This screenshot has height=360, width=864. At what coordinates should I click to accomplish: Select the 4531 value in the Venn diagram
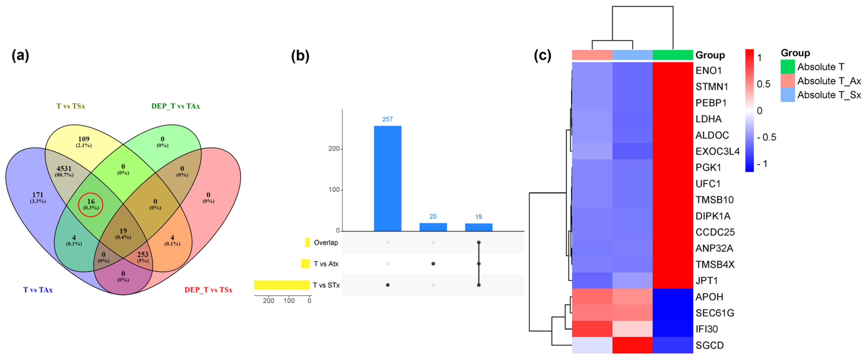(64, 169)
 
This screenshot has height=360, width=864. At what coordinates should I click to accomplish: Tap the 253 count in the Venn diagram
(143, 255)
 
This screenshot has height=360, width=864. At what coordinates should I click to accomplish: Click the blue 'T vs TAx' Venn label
(38, 290)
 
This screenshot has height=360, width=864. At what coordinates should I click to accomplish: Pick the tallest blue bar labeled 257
(387, 178)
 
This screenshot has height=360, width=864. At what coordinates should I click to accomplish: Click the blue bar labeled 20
(433, 227)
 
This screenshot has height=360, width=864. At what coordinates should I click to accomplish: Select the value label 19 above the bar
(479, 217)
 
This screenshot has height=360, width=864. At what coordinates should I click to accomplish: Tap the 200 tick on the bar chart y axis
(334, 149)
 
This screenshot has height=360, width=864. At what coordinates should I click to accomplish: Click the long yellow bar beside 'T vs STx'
(282, 285)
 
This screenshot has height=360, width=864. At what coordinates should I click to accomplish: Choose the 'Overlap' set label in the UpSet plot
(326, 243)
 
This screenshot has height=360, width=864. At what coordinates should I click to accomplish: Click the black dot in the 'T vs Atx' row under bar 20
(433, 264)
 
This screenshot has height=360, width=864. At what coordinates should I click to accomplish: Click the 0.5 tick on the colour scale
(763, 84)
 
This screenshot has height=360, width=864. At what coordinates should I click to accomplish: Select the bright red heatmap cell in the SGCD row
(632, 345)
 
